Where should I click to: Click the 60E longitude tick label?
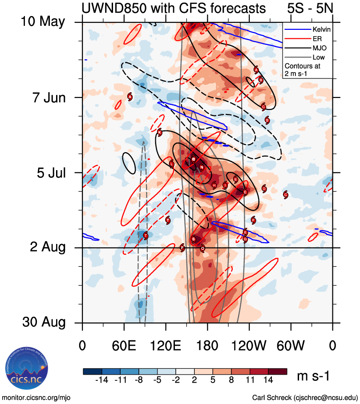124,346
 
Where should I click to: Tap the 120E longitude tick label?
166,346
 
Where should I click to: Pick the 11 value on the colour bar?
250,380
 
